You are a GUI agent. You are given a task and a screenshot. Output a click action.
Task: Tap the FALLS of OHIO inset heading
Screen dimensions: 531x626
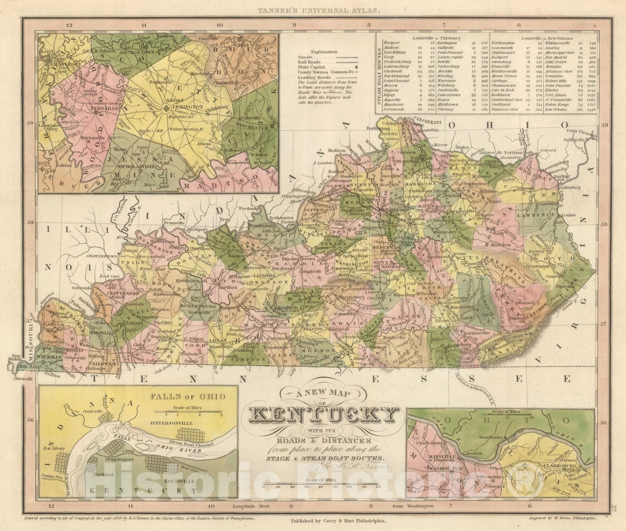(x=188, y=396)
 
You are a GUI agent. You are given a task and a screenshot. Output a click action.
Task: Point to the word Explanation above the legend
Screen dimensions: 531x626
(x=324, y=52)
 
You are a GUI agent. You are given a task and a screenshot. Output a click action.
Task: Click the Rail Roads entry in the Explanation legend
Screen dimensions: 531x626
(x=309, y=62)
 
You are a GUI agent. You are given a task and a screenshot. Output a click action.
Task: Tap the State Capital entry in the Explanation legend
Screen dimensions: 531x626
(x=311, y=67)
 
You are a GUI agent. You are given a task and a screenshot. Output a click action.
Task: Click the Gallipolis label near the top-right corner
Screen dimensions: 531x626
(x=574, y=140)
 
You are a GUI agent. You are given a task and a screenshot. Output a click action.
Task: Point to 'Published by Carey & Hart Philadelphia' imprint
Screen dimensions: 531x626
(x=339, y=521)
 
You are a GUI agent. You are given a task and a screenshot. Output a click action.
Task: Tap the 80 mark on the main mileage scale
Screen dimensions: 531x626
(x=378, y=487)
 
